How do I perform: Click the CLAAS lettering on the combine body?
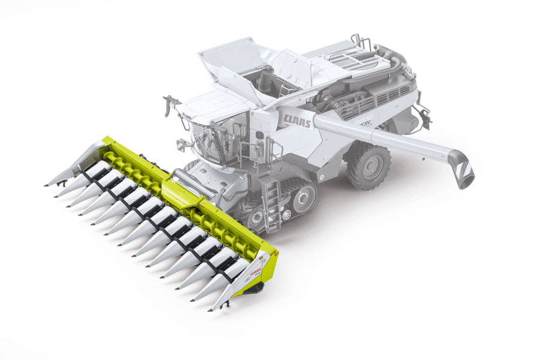tap(297, 121)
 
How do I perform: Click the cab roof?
tap(210, 105)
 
